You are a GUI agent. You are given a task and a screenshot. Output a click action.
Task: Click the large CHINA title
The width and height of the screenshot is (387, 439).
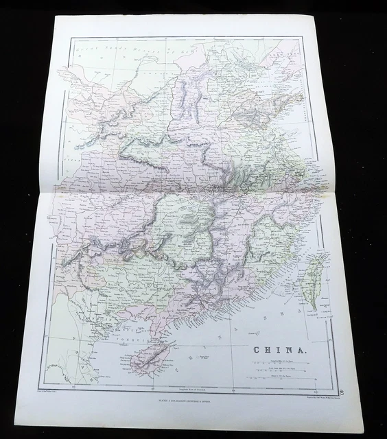[x=277, y=348]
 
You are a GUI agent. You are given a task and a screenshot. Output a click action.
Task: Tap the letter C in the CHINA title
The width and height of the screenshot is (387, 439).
[x=258, y=348]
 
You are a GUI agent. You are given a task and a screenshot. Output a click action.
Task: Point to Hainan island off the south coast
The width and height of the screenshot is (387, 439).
[x=151, y=353]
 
